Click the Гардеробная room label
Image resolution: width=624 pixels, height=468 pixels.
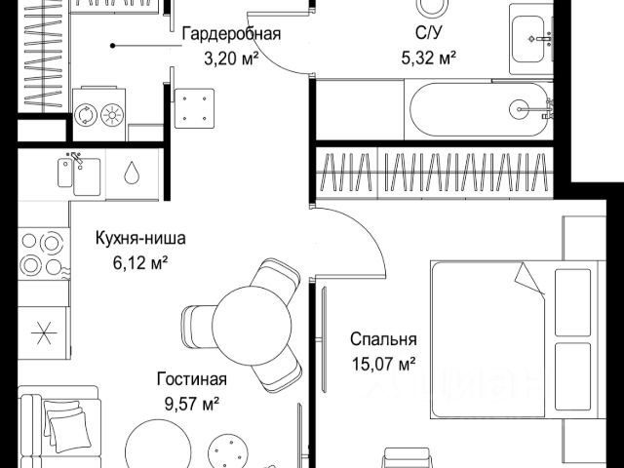(231, 35)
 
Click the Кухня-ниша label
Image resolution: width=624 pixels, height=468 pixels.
(140, 238)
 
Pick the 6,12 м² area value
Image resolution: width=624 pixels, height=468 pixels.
(140, 260)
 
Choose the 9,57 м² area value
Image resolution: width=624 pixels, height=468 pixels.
(192, 402)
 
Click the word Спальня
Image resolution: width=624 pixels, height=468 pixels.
(384, 340)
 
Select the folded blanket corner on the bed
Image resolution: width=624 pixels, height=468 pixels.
(530, 279)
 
